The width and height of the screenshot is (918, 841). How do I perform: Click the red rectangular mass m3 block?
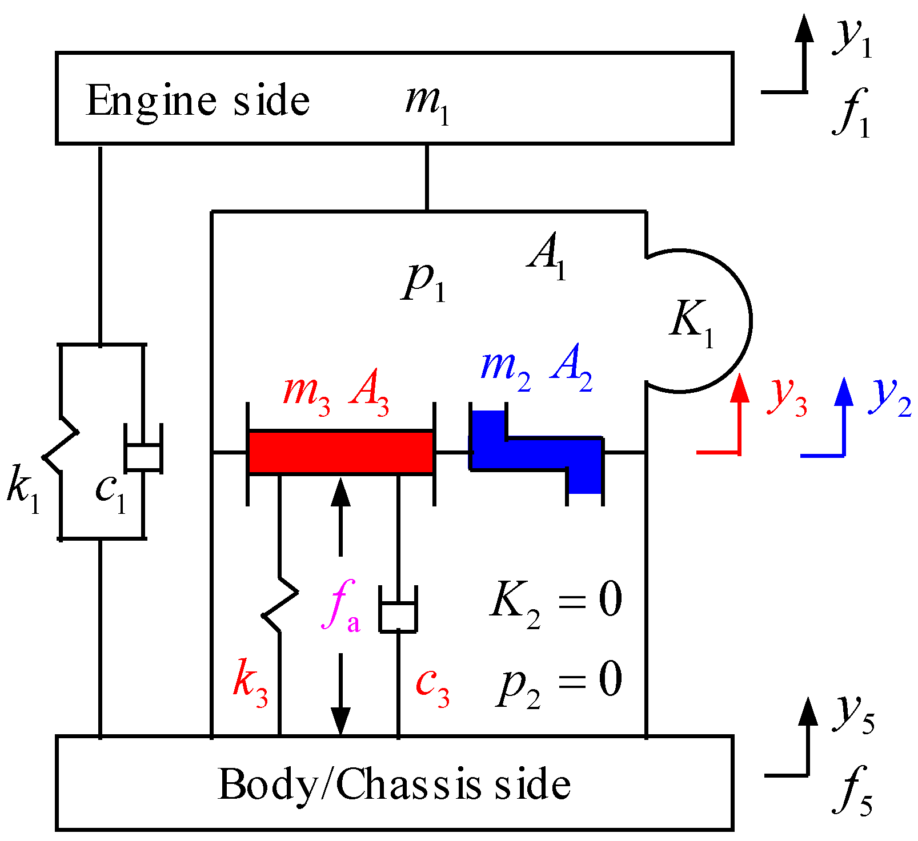340,452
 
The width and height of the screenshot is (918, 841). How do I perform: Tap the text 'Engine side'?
197,100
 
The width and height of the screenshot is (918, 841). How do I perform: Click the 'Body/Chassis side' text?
394,784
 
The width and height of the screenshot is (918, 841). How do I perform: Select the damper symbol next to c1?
143,456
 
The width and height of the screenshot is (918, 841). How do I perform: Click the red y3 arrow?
740,417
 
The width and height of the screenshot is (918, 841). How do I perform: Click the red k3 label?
250,682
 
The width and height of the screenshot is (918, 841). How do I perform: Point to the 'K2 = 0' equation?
555,603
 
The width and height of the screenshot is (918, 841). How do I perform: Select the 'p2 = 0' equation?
558,683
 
